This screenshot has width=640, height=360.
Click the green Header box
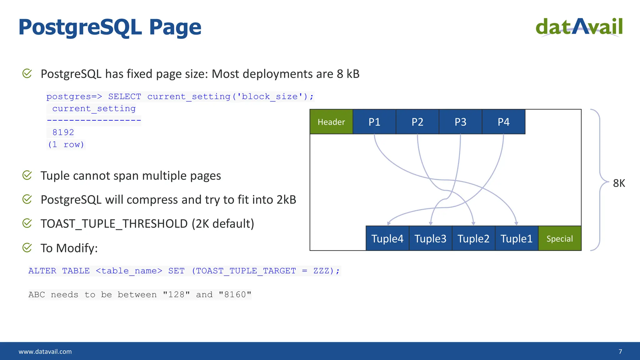tap(331, 122)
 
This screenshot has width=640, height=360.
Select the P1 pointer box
tap(374, 122)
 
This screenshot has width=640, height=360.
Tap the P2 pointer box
tap(417, 122)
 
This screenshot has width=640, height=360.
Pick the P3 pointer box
tap(461, 122)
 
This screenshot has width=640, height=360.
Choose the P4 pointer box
tap(504, 122)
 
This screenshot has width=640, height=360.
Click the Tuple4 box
tap(387, 238)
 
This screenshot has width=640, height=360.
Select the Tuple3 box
tap(431, 238)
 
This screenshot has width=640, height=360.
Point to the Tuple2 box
tap(474, 238)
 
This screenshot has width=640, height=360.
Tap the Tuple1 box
tap(517, 238)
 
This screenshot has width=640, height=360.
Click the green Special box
tap(560, 238)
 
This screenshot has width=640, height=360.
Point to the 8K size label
tap(619, 183)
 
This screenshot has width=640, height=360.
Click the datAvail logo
tap(579, 27)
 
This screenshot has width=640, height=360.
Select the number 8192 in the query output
tap(63, 132)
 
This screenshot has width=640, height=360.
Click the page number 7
tap(620, 352)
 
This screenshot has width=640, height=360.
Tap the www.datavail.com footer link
tap(45, 352)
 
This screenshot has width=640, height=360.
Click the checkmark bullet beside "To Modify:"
tap(27, 248)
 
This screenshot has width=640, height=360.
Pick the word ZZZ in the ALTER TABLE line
tap(321, 271)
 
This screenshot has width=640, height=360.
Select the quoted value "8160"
tap(235, 295)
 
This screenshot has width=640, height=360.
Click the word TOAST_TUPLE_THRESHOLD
tap(114, 224)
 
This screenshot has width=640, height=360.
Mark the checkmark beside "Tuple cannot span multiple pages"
tap(27, 175)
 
